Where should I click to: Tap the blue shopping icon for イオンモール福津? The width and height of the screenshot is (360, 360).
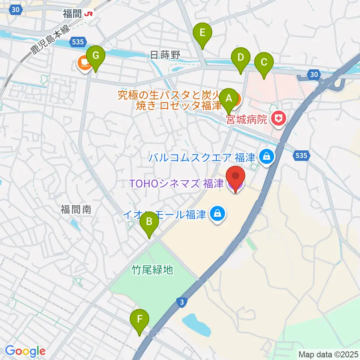click(217, 214)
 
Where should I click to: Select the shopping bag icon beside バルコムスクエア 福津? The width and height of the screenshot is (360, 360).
click(266, 156)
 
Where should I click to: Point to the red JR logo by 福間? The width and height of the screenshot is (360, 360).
click(89, 14)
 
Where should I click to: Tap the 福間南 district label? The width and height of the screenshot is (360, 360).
click(76, 210)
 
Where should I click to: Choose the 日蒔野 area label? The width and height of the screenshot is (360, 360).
click(165, 55)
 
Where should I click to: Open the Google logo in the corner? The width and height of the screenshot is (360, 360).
click(25, 351)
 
